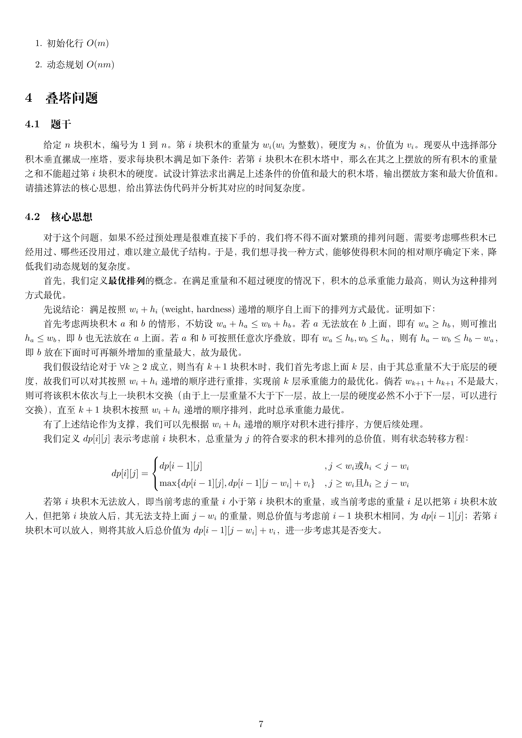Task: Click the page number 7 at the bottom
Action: pyautogui.click(x=261, y=715)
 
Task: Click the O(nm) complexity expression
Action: pyautogui.click(x=100, y=65)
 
